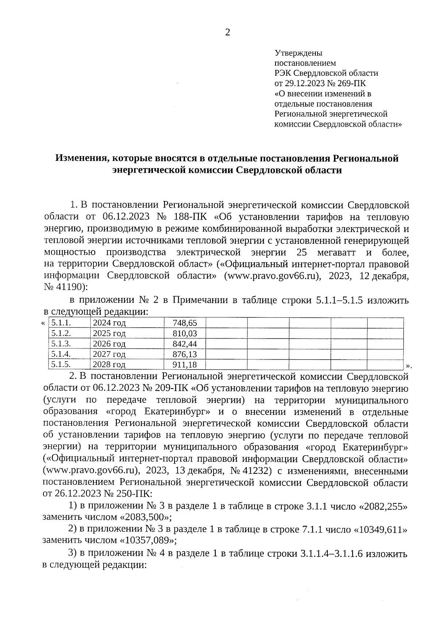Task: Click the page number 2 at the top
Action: point(228,33)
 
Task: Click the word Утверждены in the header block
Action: point(298,53)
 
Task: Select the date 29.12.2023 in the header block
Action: point(305,84)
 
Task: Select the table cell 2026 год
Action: point(109,344)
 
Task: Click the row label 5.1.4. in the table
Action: point(61,354)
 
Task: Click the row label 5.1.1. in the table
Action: point(61,323)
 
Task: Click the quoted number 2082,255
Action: point(384,507)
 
